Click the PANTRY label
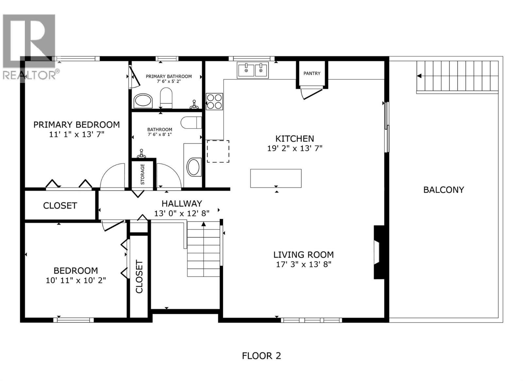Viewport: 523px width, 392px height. [x=312, y=73]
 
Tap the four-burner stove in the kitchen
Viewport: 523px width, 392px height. [x=214, y=101]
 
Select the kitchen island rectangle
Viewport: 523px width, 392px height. [x=276, y=178]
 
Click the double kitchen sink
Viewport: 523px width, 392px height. [x=253, y=70]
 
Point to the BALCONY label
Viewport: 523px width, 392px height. [x=444, y=190]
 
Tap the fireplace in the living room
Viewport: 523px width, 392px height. [x=379, y=252]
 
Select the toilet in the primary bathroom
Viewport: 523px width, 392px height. [x=166, y=97]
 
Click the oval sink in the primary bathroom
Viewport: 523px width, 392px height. [x=143, y=101]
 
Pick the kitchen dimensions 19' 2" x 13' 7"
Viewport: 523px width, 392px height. [x=295, y=148]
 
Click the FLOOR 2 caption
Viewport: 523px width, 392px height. [x=261, y=356]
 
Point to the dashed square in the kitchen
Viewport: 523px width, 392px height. [x=218, y=151]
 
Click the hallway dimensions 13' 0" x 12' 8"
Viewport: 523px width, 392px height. [x=182, y=213]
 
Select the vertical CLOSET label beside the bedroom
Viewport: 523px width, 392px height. [x=139, y=276]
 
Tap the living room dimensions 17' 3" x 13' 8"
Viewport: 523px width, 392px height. [x=304, y=264]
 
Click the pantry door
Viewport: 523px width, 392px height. [x=312, y=93]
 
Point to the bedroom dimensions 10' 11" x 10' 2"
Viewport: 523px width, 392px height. [x=76, y=280]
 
